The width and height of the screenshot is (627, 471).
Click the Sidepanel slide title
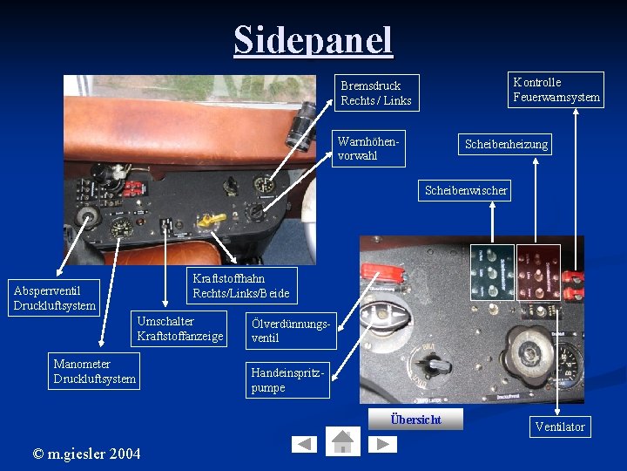[x=313, y=39]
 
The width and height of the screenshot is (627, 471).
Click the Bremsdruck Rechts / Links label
[x=376, y=92]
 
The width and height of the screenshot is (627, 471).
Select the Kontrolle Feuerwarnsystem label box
[x=556, y=89]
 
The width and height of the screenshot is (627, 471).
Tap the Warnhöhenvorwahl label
[x=370, y=148]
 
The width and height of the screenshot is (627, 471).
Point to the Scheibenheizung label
[x=506, y=144]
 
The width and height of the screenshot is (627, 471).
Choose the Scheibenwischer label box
[x=465, y=190]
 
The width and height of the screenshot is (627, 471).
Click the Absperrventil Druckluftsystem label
[x=54, y=297]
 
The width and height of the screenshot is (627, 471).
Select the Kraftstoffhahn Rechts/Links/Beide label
[x=240, y=285]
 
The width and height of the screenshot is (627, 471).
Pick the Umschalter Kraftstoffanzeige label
[x=180, y=328]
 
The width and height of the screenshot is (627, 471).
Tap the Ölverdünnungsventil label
[x=289, y=331]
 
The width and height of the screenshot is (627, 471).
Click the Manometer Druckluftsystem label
[x=95, y=371]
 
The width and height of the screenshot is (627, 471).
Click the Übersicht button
[x=415, y=420]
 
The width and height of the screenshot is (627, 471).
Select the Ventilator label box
[x=560, y=427]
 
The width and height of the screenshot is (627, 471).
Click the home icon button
[x=342, y=441]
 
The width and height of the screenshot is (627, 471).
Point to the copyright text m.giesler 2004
[x=86, y=452]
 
